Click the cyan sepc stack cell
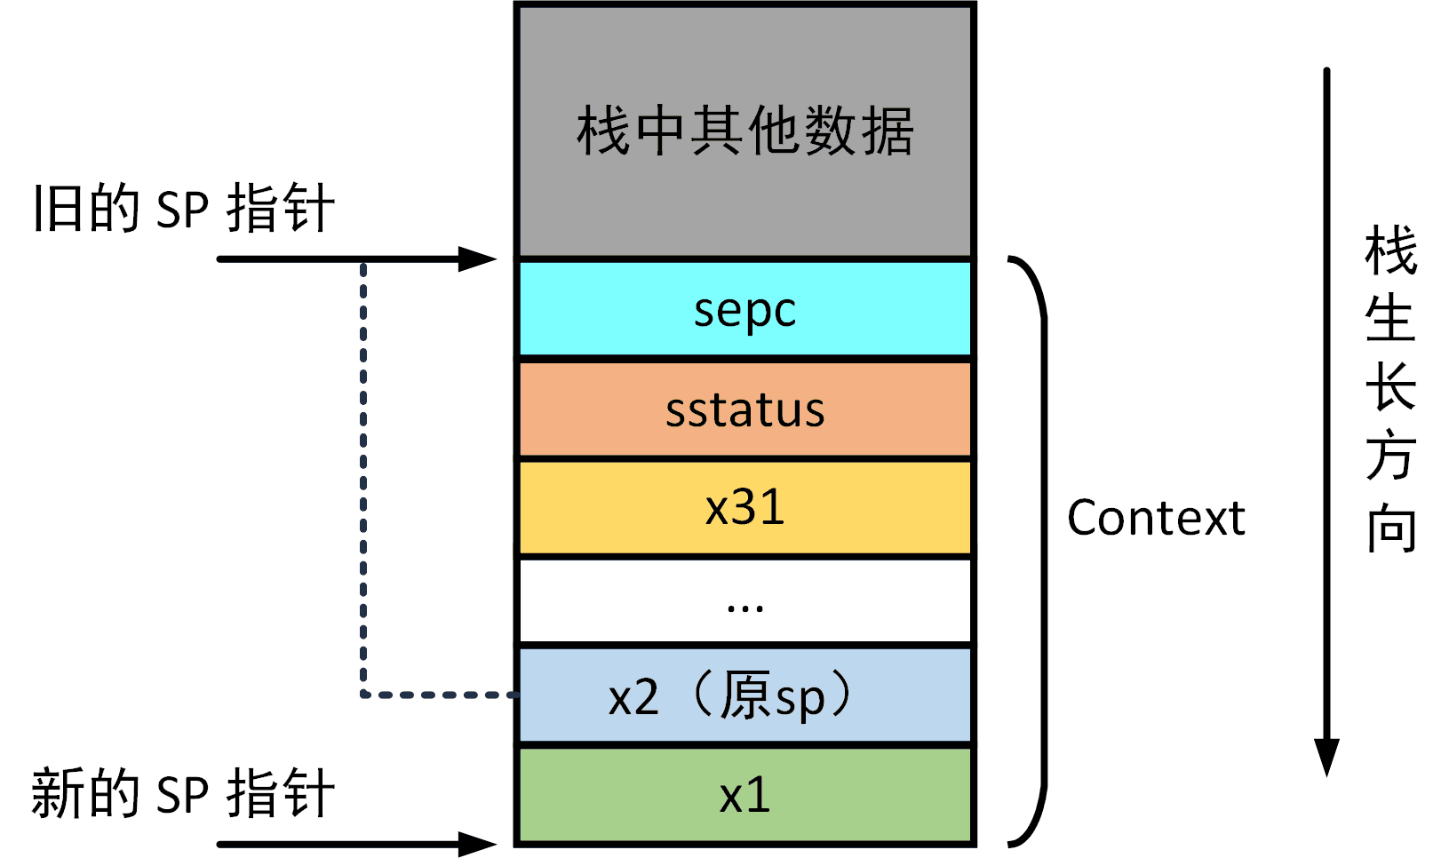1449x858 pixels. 745,308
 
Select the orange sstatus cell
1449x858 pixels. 745,409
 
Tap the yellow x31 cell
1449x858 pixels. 745,507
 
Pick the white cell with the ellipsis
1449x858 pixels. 745,600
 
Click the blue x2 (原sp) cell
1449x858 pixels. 745,695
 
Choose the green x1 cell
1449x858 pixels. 745,795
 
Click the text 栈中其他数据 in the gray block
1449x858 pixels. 745,131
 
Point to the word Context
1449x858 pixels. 1156,518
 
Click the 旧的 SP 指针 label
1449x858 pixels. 184,208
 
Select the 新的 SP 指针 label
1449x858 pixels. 184,793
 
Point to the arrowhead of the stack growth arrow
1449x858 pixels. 1326,757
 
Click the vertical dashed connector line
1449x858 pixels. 363,479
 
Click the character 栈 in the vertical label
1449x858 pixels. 1390,250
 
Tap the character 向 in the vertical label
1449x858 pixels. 1390,529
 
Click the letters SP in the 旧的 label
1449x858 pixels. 182,211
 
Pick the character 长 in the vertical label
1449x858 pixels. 1390,386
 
